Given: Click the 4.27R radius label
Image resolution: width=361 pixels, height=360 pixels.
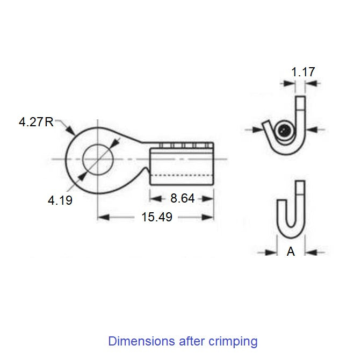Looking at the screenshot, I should click(x=36, y=122).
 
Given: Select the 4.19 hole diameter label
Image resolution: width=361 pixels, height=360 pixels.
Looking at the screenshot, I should click(x=60, y=200).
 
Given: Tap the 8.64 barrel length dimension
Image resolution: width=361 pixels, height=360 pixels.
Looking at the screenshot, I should click(x=182, y=198).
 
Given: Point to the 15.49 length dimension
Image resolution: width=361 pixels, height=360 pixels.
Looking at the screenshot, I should click(x=153, y=217).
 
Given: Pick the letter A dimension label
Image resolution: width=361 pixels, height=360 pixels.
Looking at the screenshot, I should click(x=291, y=251).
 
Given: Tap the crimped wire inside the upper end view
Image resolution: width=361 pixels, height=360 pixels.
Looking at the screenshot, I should click(x=285, y=130).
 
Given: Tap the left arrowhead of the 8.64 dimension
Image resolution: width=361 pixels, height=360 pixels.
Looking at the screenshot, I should click(x=154, y=198).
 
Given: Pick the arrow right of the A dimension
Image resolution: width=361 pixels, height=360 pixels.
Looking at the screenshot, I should click(x=311, y=251).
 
